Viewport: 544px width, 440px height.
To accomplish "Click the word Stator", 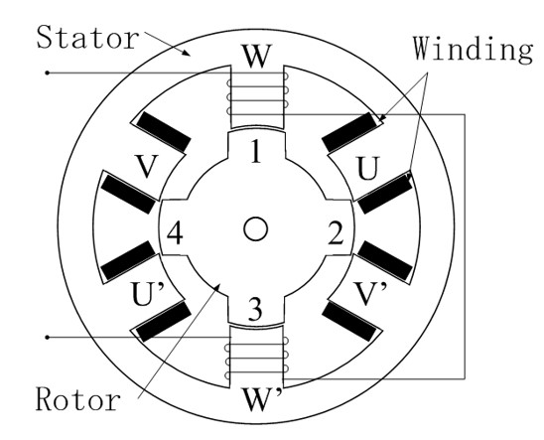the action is tap(87, 37).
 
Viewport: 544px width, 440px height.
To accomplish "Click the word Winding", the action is tap(473, 49).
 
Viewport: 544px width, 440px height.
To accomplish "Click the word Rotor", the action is tap(78, 399).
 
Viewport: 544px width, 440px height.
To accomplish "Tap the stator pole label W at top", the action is tap(257, 56).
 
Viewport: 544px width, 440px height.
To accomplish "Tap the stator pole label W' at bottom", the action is tap(261, 399).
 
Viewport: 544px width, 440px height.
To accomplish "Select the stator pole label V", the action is tap(147, 167).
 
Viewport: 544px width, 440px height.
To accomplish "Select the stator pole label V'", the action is tap(370, 294).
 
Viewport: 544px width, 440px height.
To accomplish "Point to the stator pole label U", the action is tap(368, 169).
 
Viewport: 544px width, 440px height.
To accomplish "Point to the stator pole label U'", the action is tap(146, 294).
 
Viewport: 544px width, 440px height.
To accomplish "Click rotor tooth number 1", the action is tap(256, 151).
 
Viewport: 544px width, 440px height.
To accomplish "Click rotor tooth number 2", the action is tap(336, 233).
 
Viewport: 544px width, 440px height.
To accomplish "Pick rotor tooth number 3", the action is tap(255, 310).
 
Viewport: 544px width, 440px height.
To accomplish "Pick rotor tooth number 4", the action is tap(175, 233).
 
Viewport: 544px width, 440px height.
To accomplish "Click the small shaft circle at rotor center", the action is tap(256, 229).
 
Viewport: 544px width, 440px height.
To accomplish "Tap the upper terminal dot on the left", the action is tap(48, 73).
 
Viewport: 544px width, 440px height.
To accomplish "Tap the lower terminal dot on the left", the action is tap(48, 338).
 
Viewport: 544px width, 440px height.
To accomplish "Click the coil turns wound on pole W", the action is tap(257, 93).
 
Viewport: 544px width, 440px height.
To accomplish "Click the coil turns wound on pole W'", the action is tap(257, 359).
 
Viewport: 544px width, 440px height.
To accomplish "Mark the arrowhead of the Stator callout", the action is tap(187, 53).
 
